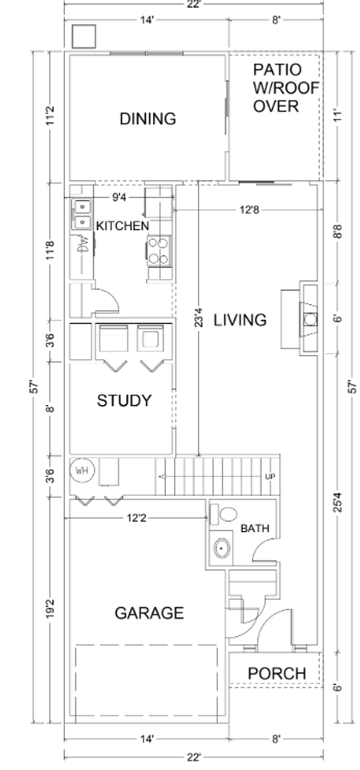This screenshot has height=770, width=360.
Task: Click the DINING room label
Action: coord(148,119)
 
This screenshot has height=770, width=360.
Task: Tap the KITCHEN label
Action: coord(123,226)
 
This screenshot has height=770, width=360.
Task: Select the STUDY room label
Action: coord(123,401)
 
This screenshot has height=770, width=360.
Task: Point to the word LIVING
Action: coord(241,320)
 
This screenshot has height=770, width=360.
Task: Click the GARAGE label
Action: coord(149,613)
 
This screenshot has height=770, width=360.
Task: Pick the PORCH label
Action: coord(277,673)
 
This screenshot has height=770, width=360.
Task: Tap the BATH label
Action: coord(255,529)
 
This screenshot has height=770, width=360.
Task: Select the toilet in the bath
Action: coord(224,514)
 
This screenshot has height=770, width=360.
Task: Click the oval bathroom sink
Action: coord(222,547)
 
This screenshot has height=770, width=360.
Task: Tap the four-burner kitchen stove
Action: coord(159,250)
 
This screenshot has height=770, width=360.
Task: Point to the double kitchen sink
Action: coord(82,215)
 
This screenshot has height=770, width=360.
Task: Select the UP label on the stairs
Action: coord(270,476)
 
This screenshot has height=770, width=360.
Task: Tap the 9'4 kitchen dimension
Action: coord(119,197)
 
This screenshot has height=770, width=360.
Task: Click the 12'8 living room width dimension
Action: coord(249,209)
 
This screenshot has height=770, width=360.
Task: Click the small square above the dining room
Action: coord(83,36)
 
